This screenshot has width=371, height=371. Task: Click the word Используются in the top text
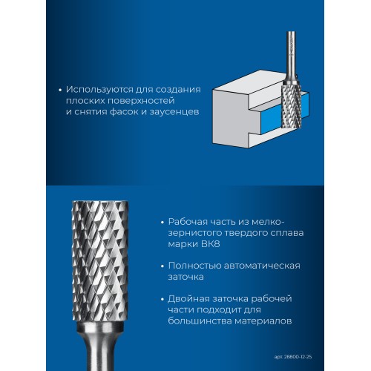pos(99,90)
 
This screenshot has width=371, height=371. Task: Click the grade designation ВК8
pos(211,244)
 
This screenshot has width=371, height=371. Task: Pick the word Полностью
pos(195,266)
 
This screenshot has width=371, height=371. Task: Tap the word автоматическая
pos(262,266)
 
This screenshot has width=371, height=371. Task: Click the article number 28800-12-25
pos(298,357)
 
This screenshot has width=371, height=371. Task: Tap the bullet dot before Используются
pos(60,91)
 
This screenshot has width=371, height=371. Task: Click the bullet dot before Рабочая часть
pos(162,223)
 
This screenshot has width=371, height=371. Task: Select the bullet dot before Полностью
pos(162,266)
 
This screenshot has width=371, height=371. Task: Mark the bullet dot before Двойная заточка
pos(162,300)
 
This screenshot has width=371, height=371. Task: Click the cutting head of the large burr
pos(100,261)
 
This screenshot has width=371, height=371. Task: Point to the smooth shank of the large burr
pos(99,347)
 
